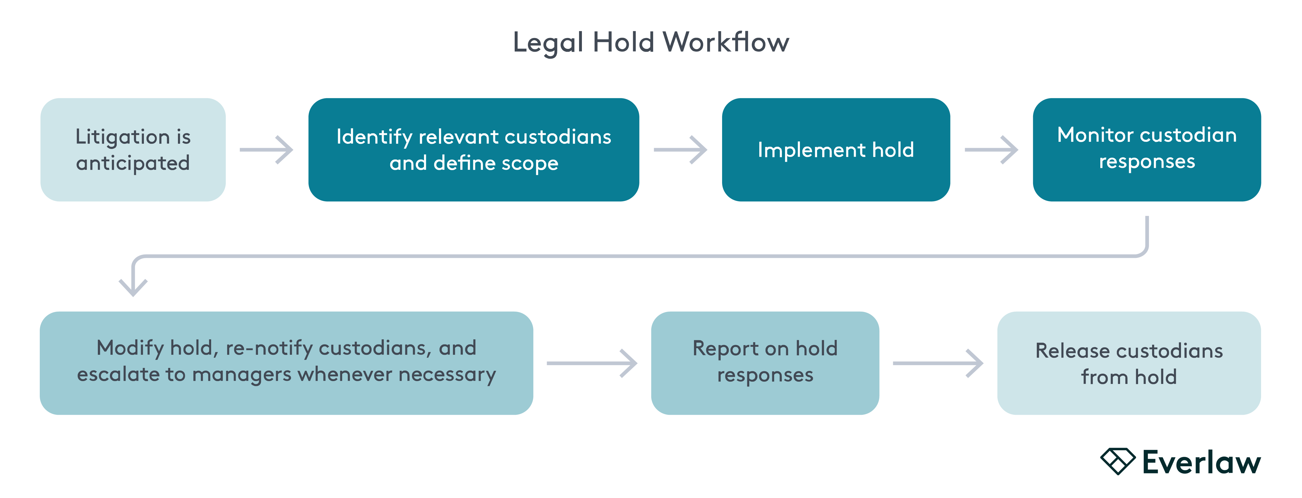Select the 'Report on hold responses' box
(765, 363)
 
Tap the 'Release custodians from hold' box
(1129, 363)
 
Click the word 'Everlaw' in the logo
(1201, 463)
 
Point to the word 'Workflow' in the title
(725, 42)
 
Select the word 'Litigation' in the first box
(123, 137)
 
